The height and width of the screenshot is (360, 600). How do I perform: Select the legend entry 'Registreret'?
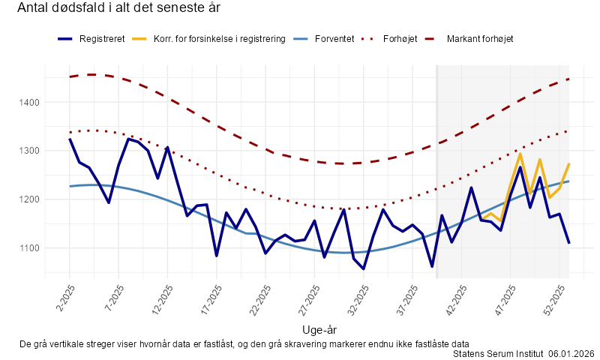[x=102, y=38]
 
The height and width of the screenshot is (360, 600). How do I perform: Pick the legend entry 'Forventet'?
[x=334, y=38]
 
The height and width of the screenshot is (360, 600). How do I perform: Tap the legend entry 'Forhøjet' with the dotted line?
[x=401, y=38]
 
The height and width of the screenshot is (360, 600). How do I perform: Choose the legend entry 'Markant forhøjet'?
[x=480, y=38]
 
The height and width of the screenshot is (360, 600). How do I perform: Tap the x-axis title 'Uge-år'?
[x=319, y=329]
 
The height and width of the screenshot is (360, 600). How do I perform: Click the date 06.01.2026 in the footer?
[x=571, y=353]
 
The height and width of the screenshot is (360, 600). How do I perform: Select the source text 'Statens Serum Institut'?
[x=498, y=353]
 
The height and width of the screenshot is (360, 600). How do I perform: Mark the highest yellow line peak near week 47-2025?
[x=520, y=153]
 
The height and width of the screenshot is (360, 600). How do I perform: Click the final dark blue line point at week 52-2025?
[x=569, y=243]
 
